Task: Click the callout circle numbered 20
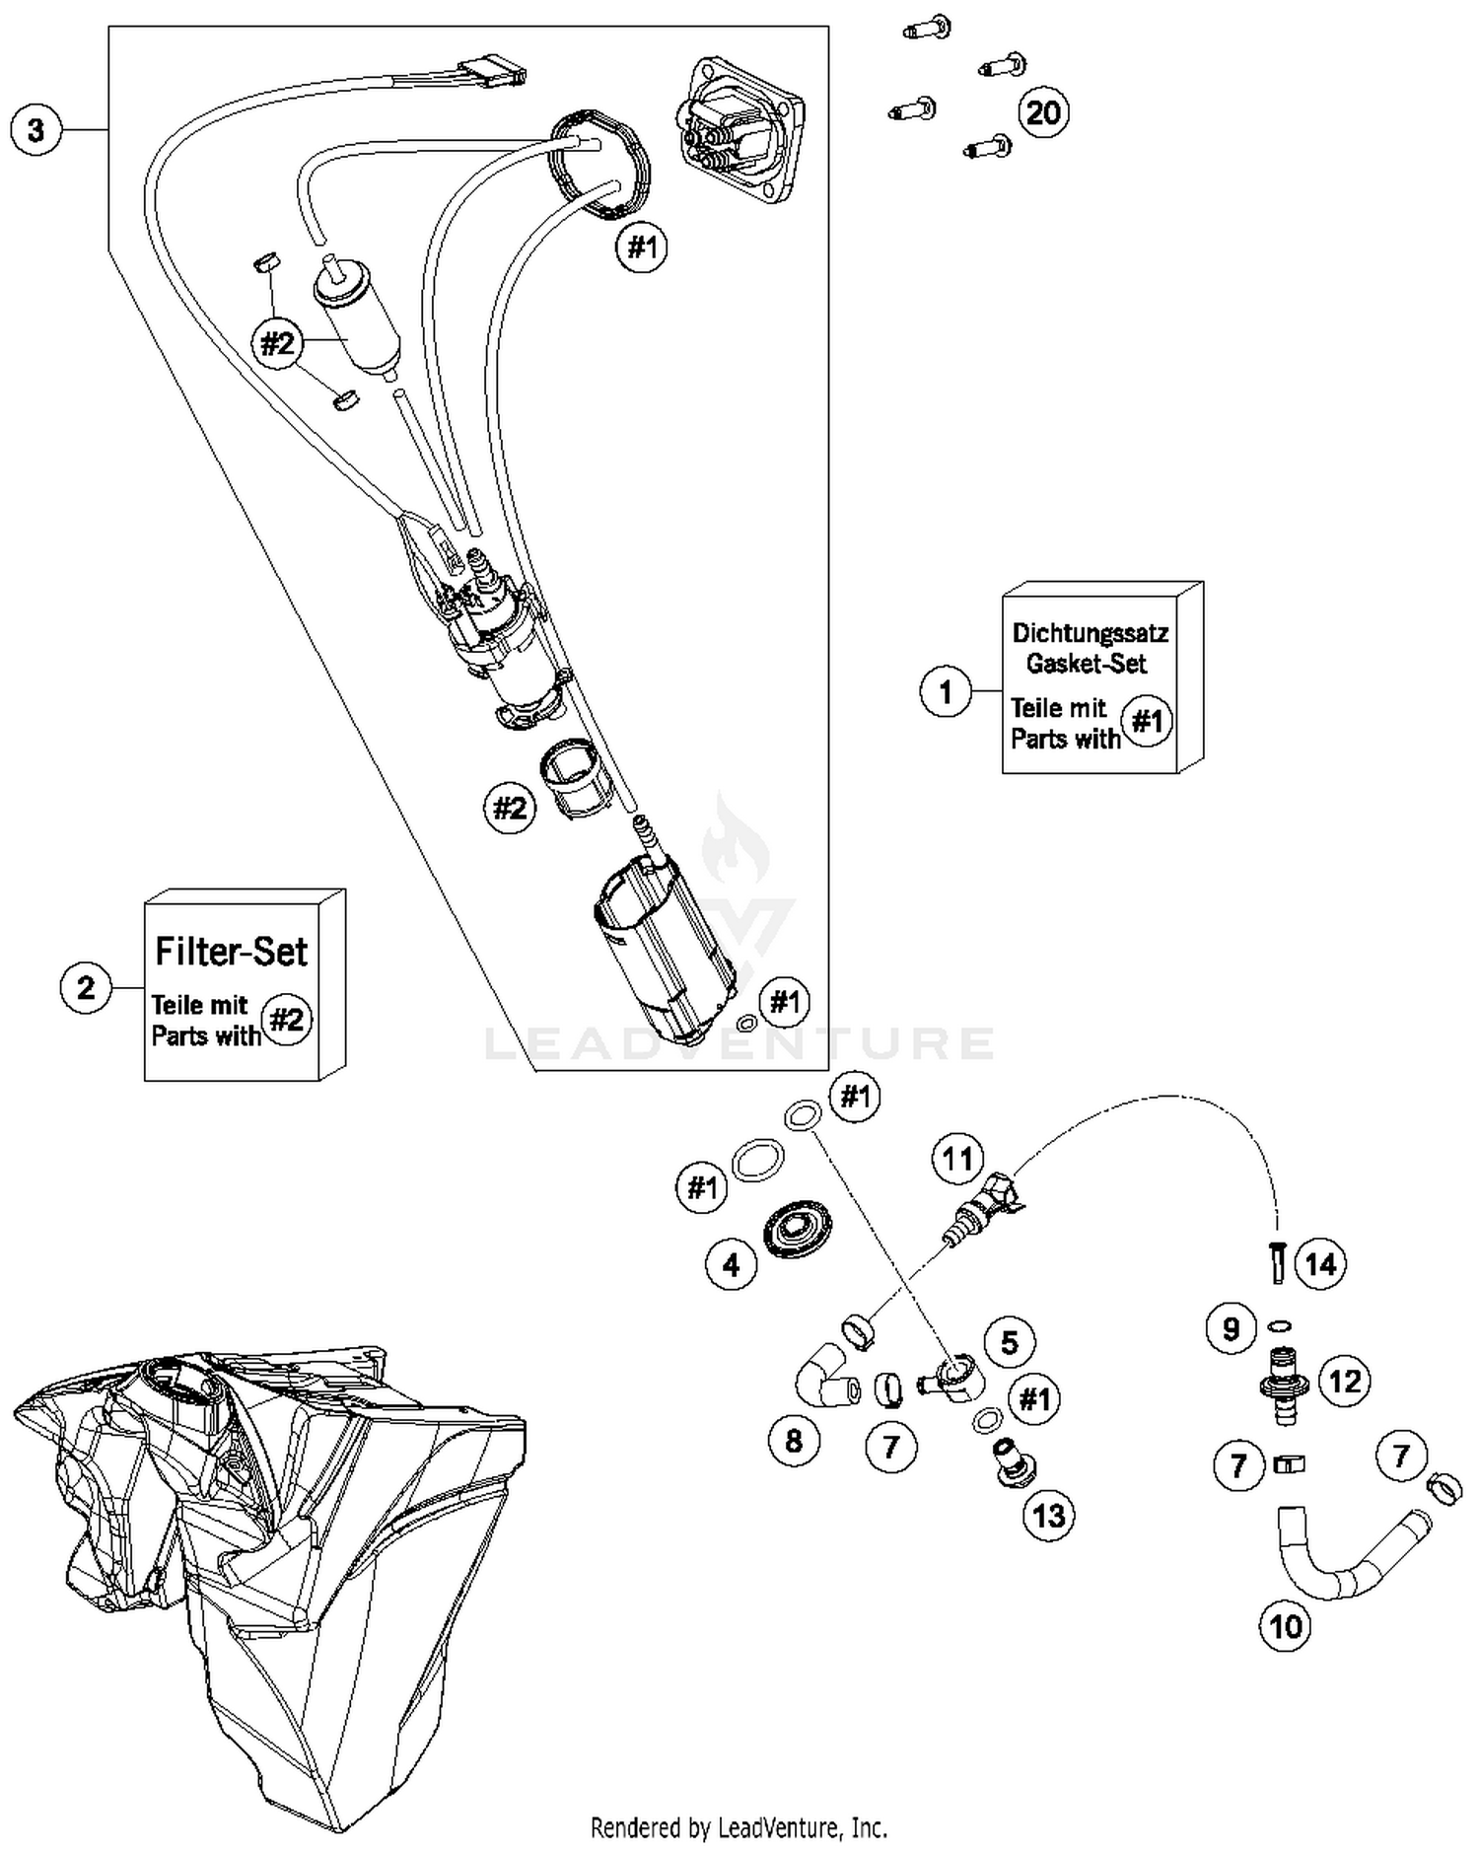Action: [x=1043, y=112]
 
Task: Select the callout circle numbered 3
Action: [x=36, y=130]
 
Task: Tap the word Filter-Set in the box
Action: [x=232, y=952]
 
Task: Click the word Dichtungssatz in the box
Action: [x=1090, y=633]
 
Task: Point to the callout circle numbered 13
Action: [x=1049, y=1515]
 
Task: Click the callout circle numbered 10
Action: [x=1286, y=1626]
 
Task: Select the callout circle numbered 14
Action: [x=1321, y=1264]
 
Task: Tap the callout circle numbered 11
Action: [x=957, y=1159]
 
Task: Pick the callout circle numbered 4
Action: [x=732, y=1264]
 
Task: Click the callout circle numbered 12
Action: [x=1345, y=1381]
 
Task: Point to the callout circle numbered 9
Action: [x=1232, y=1329]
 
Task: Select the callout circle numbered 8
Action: [x=794, y=1441]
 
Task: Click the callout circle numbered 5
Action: [x=1010, y=1342]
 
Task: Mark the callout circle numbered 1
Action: [x=946, y=691]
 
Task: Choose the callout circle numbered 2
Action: [x=86, y=986]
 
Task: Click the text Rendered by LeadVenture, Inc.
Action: [x=739, y=1827]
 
